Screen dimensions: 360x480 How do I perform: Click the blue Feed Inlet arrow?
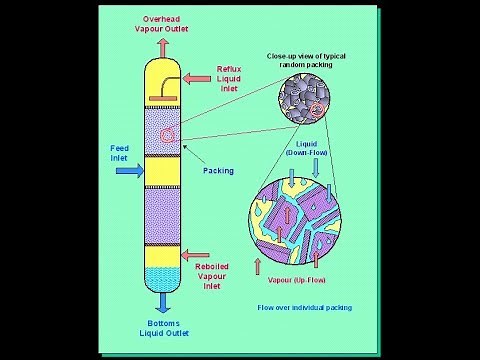coord(127,171)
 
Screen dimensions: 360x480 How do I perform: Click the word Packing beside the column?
coord(218,171)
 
